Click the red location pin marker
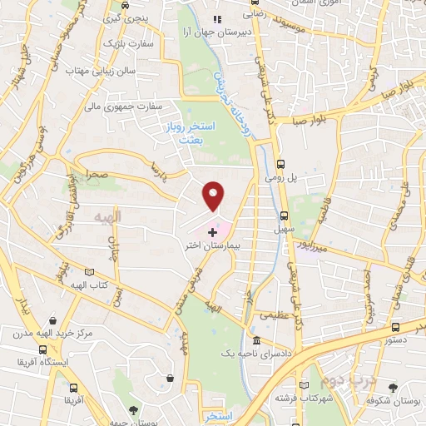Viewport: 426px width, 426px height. [x=214, y=196]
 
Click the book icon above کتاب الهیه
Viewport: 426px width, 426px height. [x=89, y=271]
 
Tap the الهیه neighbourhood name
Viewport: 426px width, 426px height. [x=108, y=217]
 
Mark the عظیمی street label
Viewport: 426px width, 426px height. [x=276, y=315]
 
